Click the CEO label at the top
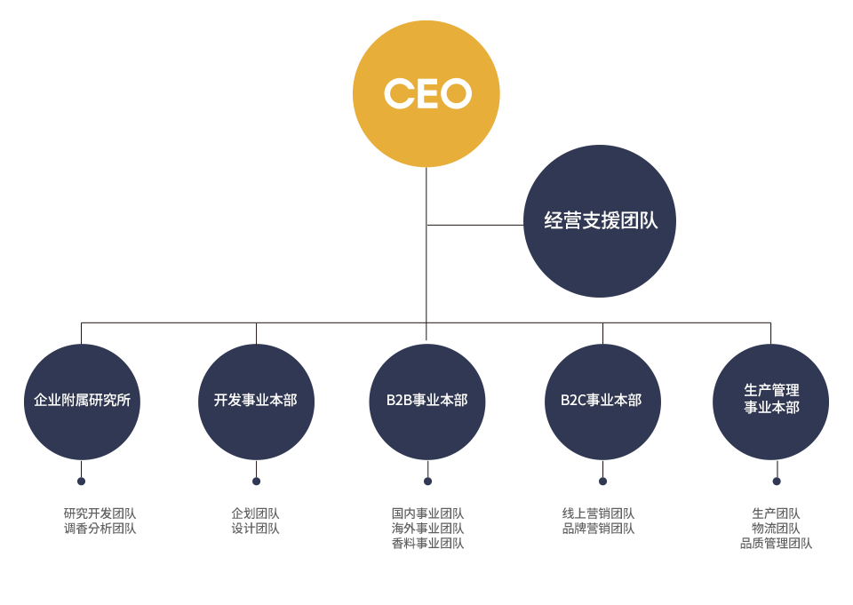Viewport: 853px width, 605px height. (427, 93)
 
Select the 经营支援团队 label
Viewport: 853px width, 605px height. (601, 220)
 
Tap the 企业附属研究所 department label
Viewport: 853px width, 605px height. (82, 400)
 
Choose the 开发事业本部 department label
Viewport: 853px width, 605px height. (255, 400)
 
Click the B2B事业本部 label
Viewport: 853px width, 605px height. (426, 400)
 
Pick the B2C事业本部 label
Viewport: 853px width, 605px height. (601, 400)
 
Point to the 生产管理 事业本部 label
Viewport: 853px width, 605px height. (771, 399)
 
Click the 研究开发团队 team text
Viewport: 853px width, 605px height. (100, 513)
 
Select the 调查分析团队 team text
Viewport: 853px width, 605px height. (100, 529)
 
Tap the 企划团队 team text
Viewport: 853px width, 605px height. (255, 513)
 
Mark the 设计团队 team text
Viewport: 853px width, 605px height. (255, 529)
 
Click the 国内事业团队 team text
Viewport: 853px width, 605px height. (427, 513)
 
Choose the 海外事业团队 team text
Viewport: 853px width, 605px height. (427, 529)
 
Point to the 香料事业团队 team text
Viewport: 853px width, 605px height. (427, 544)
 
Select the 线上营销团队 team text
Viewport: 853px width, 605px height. (598, 513)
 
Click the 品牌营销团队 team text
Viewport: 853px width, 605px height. (598, 529)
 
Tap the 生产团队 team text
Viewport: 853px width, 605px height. (776, 513)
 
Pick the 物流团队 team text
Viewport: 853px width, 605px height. (776, 529)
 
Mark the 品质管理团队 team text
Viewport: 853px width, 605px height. (776, 544)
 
